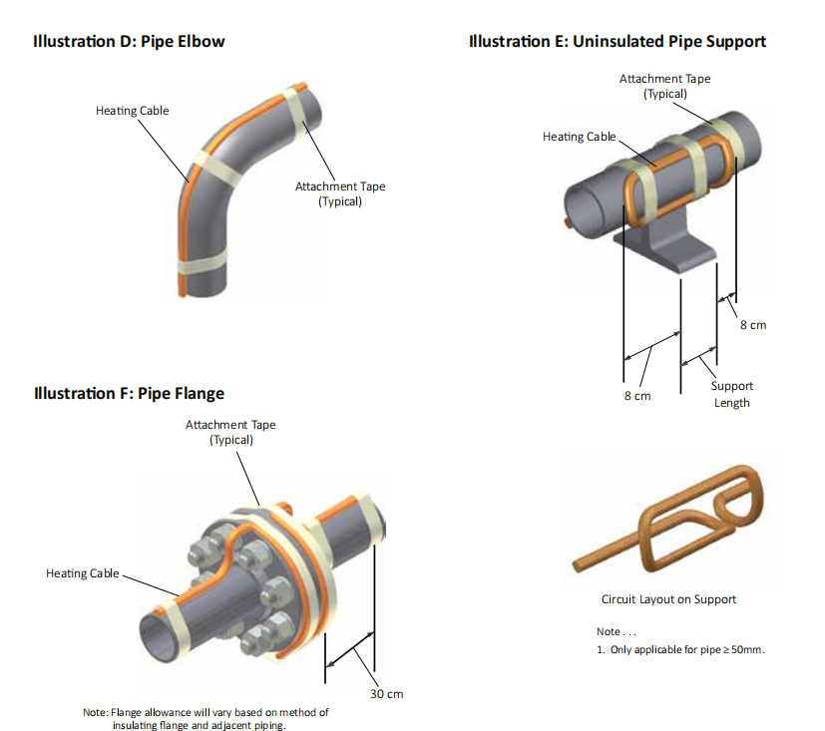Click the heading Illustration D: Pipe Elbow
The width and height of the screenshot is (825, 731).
[129, 42]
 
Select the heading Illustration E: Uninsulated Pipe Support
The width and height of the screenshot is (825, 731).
[617, 42]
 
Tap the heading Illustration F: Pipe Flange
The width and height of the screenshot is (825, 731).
[129, 393]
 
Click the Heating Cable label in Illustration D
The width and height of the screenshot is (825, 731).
[132, 111]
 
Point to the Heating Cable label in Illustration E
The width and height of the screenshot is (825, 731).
[579, 137]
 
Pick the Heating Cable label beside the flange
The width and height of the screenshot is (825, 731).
[82, 573]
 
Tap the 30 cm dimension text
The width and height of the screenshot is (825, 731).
[386, 694]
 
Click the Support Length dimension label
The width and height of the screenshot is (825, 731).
[731, 394]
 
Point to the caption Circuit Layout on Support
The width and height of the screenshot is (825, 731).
[668, 599]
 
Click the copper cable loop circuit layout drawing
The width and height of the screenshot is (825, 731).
[678, 519]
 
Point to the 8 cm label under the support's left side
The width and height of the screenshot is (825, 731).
[636, 396]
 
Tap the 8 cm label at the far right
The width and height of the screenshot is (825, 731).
[753, 325]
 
